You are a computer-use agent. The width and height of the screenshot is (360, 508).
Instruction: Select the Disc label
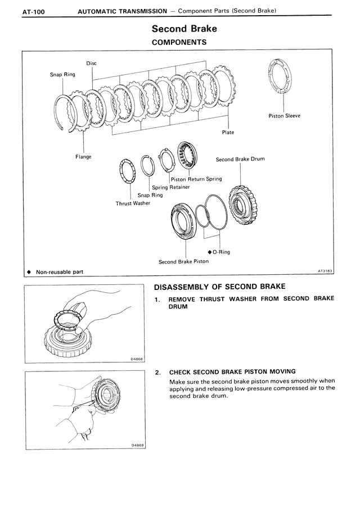pyautogui.click(x=91, y=63)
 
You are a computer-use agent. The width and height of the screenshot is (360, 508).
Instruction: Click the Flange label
pyautogui.click(x=83, y=157)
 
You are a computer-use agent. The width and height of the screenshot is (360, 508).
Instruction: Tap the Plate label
pyautogui.click(x=228, y=133)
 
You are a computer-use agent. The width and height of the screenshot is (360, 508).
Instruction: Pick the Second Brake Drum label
pyautogui.click(x=240, y=159)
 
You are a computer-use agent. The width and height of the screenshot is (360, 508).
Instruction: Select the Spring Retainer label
pyautogui.click(x=170, y=187)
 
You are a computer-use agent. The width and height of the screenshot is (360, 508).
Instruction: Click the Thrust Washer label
pyautogui.click(x=133, y=203)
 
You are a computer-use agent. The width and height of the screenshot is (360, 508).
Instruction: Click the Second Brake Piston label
pyautogui.click(x=183, y=261)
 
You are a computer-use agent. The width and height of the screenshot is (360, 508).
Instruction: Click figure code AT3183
pyautogui.click(x=325, y=271)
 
